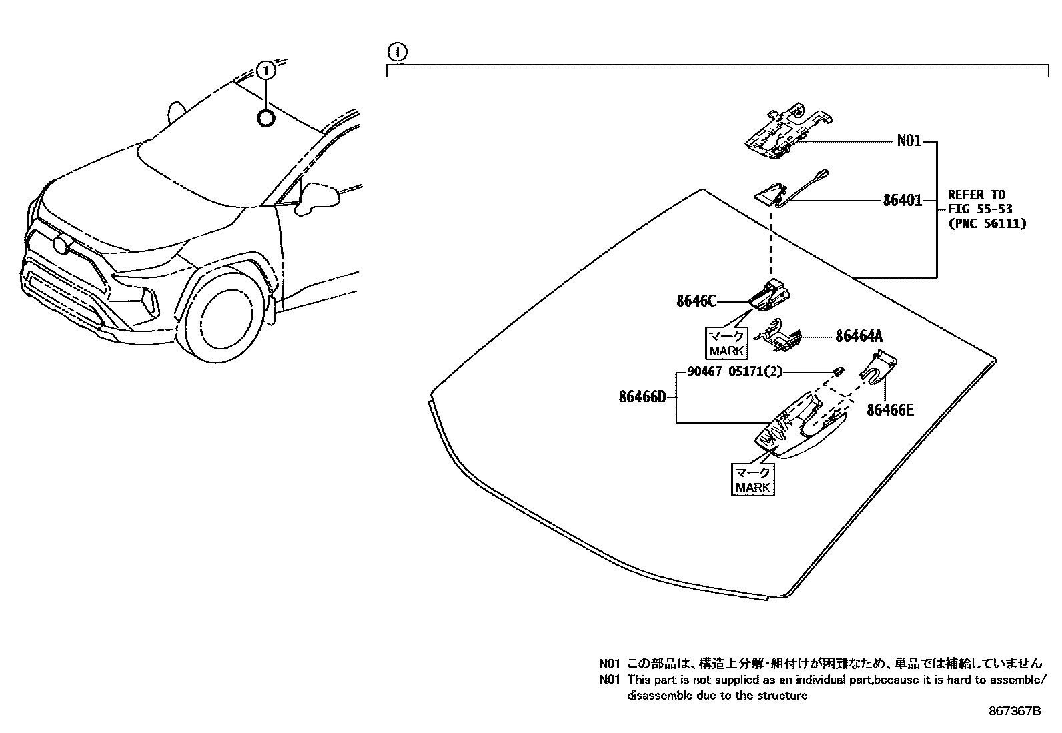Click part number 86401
pyautogui.click(x=902, y=200)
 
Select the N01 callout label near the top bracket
pyautogui.click(x=909, y=141)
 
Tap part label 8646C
pyautogui.click(x=696, y=301)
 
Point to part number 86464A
pyautogui.click(x=863, y=337)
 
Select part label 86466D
pyautogui.click(x=642, y=397)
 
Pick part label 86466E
pyautogui.click(x=890, y=410)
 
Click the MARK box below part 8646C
pyautogui.click(x=726, y=343)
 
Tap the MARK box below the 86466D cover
pyautogui.click(x=753, y=480)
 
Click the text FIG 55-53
pyautogui.click(x=979, y=209)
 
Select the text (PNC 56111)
pyautogui.click(x=987, y=224)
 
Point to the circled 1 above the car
pyautogui.click(x=265, y=70)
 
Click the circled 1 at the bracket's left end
pyautogui.click(x=397, y=51)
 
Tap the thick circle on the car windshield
pyautogui.click(x=265, y=119)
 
